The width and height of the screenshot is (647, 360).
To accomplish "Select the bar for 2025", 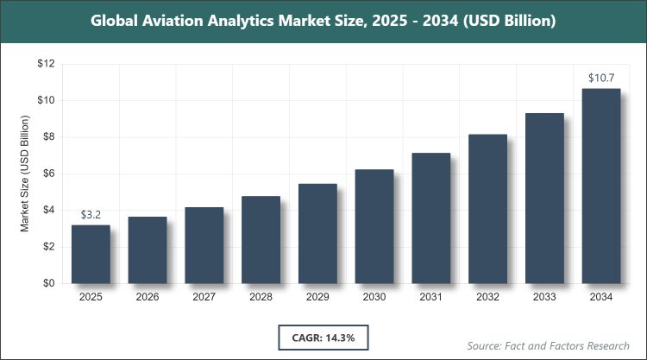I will [91, 254].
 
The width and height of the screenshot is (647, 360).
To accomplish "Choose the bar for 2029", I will [317, 233].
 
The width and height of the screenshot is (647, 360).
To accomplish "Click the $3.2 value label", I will [91, 214].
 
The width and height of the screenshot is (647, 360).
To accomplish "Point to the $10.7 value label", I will [601, 79].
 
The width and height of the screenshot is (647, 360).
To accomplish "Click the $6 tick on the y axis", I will [47, 174].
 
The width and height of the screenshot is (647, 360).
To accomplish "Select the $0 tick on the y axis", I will [47, 283].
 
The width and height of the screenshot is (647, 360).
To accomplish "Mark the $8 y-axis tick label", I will [47, 136].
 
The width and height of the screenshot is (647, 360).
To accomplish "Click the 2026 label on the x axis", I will [148, 298].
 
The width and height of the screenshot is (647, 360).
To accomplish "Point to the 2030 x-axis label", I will [374, 298].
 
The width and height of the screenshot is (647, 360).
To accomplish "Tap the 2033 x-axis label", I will [544, 298].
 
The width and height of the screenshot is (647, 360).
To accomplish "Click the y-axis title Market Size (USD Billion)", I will [26, 174].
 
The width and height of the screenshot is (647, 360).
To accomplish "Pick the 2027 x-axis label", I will [204, 298].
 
